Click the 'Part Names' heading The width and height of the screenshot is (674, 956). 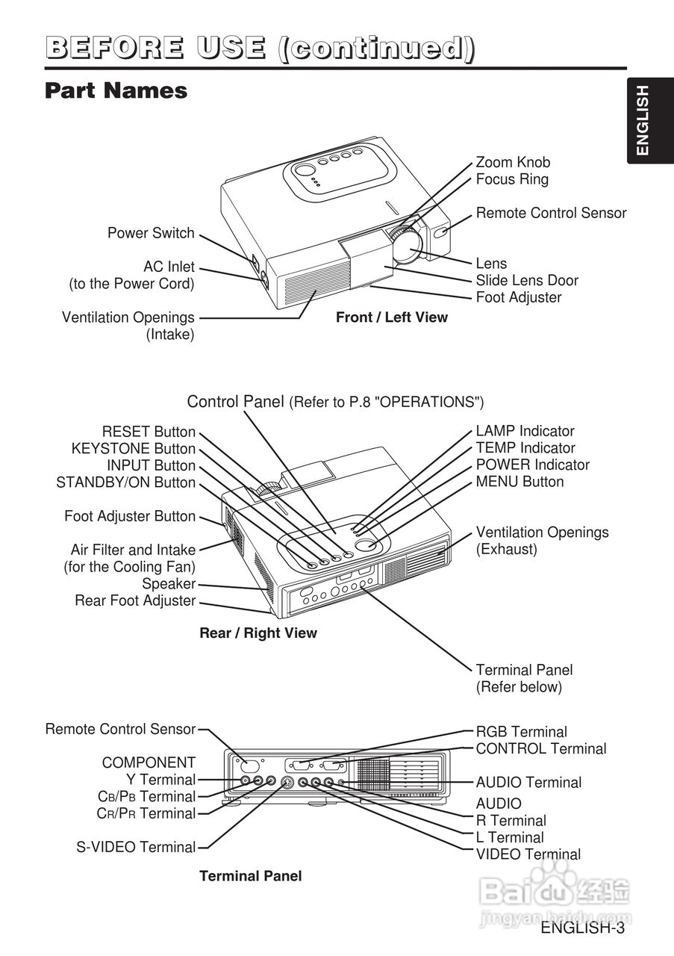(x=116, y=91)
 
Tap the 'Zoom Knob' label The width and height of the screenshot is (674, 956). (x=513, y=162)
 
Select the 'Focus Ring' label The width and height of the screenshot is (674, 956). (x=512, y=179)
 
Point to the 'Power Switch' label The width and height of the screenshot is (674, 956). (x=151, y=233)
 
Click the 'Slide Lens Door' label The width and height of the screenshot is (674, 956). (x=527, y=281)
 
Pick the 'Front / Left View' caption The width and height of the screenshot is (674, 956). (x=392, y=317)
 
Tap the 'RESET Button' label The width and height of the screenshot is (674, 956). (x=149, y=432)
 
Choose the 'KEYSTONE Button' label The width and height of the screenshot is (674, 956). (x=133, y=449)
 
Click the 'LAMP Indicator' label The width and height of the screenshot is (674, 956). (x=525, y=431)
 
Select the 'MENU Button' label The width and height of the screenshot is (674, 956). (x=520, y=482)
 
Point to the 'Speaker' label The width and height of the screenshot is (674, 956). (x=169, y=584)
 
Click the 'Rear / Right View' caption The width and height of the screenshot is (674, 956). (x=258, y=633)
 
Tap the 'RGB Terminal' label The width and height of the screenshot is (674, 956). (x=522, y=732)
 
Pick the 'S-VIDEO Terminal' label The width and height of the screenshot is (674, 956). (x=136, y=847)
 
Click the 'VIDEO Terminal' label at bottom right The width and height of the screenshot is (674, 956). (x=528, y=854)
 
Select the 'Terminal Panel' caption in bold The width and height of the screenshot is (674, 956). (x=251, y=876)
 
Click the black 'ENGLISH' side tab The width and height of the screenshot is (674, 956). (x=643, y=121)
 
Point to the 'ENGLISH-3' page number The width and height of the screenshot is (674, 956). (x=582, y=928)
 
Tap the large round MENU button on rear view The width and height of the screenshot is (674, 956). (x=366, y=544)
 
